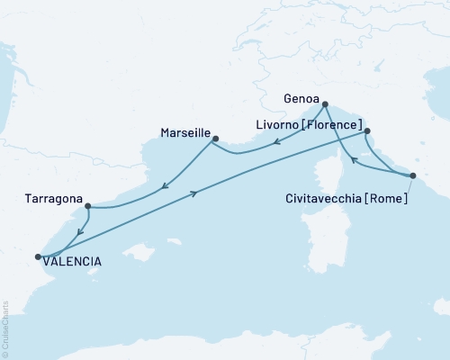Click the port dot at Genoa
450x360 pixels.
pyautogui.click(x=325, y=104)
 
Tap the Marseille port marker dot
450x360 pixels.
pyautogui.click(x=214, y=138)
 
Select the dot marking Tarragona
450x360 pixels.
pyautogui.click(x=87, y=206)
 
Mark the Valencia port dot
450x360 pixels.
pyautogui.click(x=38, y=257)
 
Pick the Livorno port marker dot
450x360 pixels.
pyautogui.click(x=367, y=130)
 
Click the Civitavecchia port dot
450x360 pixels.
pyautogui.click(x=412, y=175)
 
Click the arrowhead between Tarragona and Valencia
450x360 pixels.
pyautogui.click(x=79, y=232)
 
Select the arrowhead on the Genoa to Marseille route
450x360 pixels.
pyautogui.click(x=278, y=141)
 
